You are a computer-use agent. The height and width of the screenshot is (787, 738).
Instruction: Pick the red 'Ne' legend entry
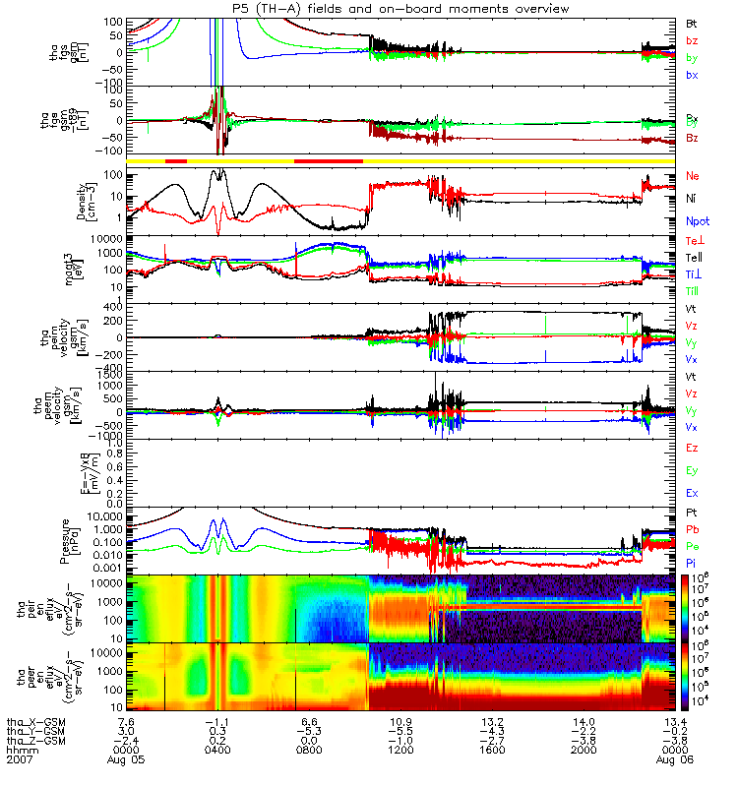pyautogui.click(x=693, y=176)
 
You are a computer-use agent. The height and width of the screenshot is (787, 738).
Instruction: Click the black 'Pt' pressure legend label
pyautogui.click(x=692, y=514)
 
